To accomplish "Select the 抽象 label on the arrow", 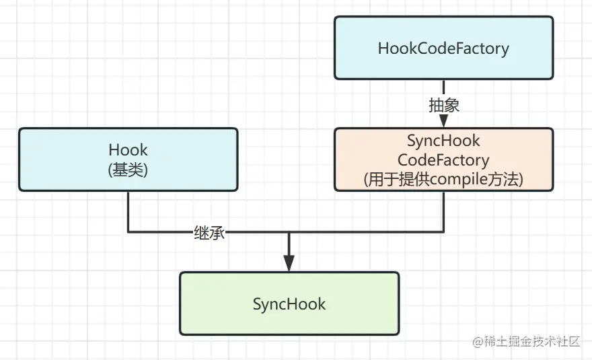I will [x=443, y=105].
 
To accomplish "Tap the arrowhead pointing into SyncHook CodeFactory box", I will [x=443, y=121].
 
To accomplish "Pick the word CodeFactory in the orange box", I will [x=443, y=160].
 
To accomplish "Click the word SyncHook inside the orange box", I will [x=443, y=141].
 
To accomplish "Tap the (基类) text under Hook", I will [x=128, y=170].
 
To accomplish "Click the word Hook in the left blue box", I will [x=128, y=149].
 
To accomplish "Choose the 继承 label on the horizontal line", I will [x=209, y=233].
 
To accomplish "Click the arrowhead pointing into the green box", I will [x=289, y=263].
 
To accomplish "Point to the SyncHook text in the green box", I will [x=289, y=304].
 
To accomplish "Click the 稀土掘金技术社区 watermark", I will [x=531, y=341].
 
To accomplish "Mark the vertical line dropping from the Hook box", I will [x=128, y=212].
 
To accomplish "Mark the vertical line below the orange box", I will [x=443, y=212].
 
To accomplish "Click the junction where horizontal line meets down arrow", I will [x=289, y=233].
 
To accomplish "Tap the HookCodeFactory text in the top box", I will [x=443, y=48].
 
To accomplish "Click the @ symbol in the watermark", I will [x=478, y=342].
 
